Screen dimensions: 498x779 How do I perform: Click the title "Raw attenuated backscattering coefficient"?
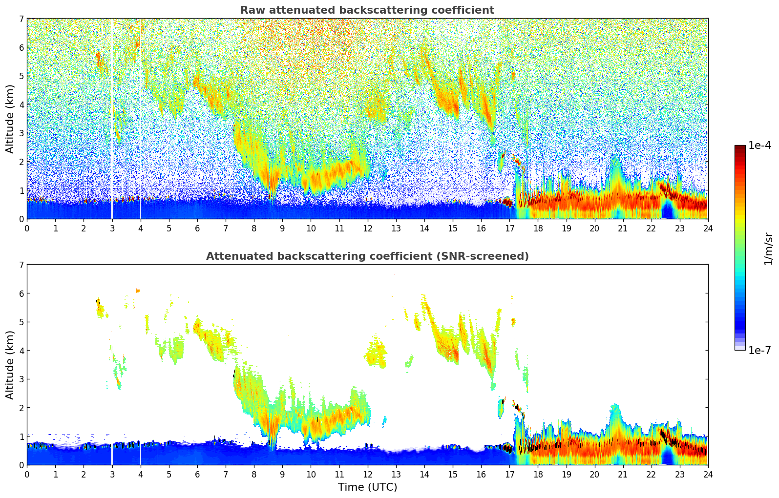tap(367, 10)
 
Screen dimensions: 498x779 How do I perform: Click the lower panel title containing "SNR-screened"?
tap(367, 256)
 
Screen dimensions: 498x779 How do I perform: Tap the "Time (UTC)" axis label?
tap(367, 487)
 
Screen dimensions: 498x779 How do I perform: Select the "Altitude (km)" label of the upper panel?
tap(10, 119)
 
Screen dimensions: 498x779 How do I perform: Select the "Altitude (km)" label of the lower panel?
tap(10, 365)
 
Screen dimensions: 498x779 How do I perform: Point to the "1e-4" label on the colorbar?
tap(759, 145)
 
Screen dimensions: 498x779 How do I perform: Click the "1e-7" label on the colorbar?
tap(759, 350)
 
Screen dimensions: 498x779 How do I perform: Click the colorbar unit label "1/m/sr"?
tap(768, 249)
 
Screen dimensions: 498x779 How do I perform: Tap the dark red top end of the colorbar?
tap(740, 147)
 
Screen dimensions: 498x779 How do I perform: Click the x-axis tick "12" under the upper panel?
tap(367, 228)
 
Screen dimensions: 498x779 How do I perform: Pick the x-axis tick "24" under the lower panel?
tap(708, 474)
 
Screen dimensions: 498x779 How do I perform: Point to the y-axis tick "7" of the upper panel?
tap(21, 19)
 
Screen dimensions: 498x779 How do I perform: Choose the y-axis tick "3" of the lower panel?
tap(21, 379)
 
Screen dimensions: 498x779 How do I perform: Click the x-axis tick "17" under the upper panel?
tap(509, 228)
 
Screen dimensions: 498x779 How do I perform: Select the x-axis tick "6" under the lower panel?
tap(197, 474)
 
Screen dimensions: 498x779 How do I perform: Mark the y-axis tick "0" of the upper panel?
tap(21, 219)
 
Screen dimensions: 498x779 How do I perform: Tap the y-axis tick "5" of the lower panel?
tap(21, 322)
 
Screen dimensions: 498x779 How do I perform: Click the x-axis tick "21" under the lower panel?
tap(623, 474)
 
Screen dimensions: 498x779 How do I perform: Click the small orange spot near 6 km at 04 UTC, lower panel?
tap(138, 290)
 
